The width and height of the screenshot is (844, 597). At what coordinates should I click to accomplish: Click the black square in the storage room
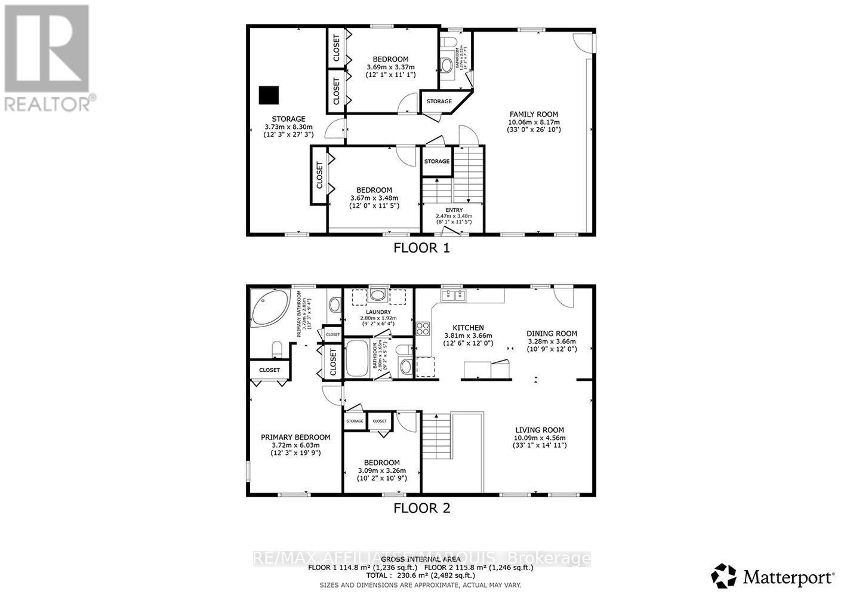[269, 95]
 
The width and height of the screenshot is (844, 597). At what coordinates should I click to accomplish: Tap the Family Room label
[534, 114]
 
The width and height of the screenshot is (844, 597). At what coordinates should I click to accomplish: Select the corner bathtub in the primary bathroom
[268, 309]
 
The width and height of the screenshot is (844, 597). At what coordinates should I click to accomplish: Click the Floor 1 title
[421, 248]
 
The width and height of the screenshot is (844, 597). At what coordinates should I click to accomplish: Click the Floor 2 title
[421, 508]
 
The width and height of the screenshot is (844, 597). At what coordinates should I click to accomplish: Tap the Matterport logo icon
[723, 576]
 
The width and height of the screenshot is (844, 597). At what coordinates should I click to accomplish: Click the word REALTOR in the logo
[48, 103]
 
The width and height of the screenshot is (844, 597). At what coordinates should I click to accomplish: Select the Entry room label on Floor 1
[454, 210]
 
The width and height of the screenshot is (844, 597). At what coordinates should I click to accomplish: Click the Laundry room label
[378, 312]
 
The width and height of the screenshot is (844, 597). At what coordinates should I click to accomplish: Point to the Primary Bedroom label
[295, 437]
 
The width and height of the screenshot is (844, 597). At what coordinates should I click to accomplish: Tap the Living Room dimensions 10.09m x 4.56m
[540, 438]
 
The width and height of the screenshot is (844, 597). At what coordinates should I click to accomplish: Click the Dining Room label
[552, 334]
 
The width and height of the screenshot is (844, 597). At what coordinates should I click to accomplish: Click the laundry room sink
[377, 294]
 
